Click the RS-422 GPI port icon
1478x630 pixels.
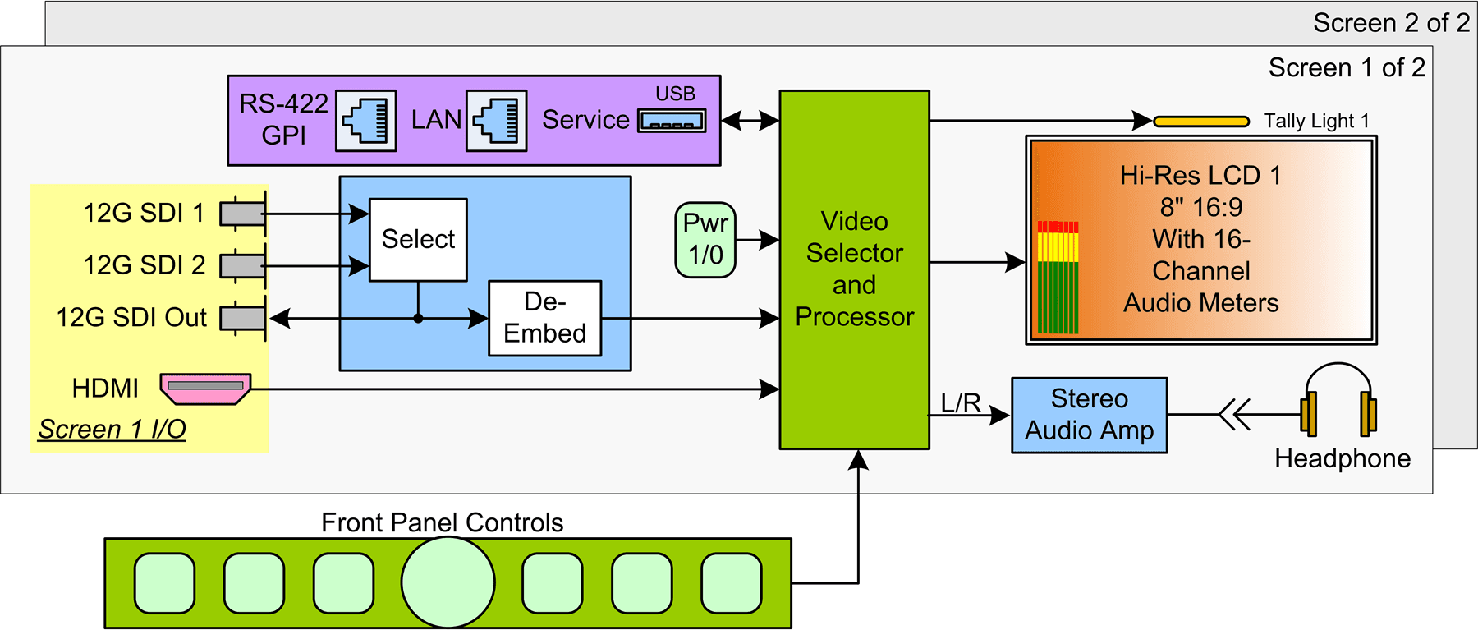click(x=366, y=121)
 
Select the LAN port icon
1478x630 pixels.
click(x=497, y=121)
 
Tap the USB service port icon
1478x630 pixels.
click(x=672, y=122)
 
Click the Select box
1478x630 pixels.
click(x=418, y=240)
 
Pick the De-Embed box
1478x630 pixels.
click(x=545, y=318)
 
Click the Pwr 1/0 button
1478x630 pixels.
click(x=705, y=240)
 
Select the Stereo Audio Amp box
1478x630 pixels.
click(x=1090, y=416)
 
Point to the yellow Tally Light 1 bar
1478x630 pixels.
click(x=1201, y=122)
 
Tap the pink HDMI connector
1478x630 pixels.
click(x=205, y=389)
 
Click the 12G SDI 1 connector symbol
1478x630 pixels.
click(x=243, y=214)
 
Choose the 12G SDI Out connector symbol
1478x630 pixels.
click(x=243, y=318)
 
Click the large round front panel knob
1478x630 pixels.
click(x=448, y=582)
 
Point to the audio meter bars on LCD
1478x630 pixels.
click(x=1058, y=278)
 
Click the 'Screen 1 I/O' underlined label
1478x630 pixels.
click(x=112, y=430)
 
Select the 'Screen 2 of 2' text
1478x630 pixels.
click(x=1391, y=23)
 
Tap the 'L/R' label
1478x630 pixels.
click(x=961, y=402)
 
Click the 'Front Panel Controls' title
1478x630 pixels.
click(x=443, y=522)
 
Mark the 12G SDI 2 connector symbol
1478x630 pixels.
click(x=243, y=266)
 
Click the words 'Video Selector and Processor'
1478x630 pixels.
click(x=855, y=269)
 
